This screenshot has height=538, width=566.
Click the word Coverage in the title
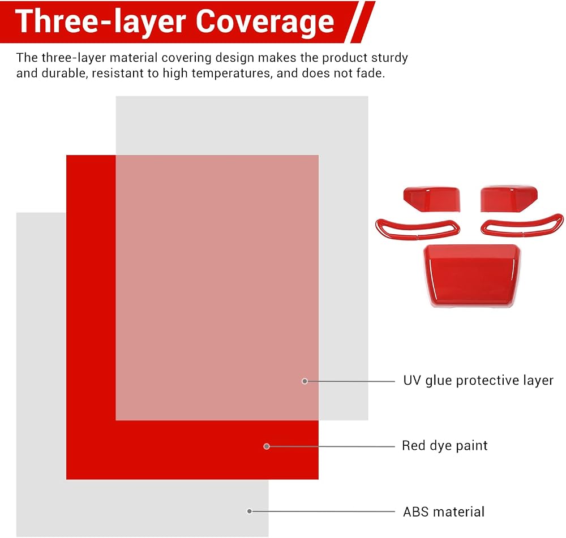pyautogui.click(x=265, y=21)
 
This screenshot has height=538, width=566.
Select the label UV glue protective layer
pyautogui.click(x=478, y=381)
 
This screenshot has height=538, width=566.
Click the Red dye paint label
pyautogui.click(x=445, y=446)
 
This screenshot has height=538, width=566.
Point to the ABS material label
pyautogui.click(x=444, y=511)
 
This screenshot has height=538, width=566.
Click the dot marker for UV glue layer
pyautogui.click(x=305, y=381)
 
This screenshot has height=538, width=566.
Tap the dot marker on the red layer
pyautogui.click(x=267, y=446)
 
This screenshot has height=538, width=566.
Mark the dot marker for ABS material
pyautogui.click(x=250, y=511)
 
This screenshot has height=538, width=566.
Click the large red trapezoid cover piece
pyautogui.click(x=472, y=276)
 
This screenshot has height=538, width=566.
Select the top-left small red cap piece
pyautogui.click(x=432, y=199)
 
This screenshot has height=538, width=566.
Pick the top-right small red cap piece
pyautogui.click(x=509, y=199)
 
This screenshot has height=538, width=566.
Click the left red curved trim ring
pyautogui.click(x=418, y=236)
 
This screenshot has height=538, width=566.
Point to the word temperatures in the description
pyautogui.click(x=231, y=74)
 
